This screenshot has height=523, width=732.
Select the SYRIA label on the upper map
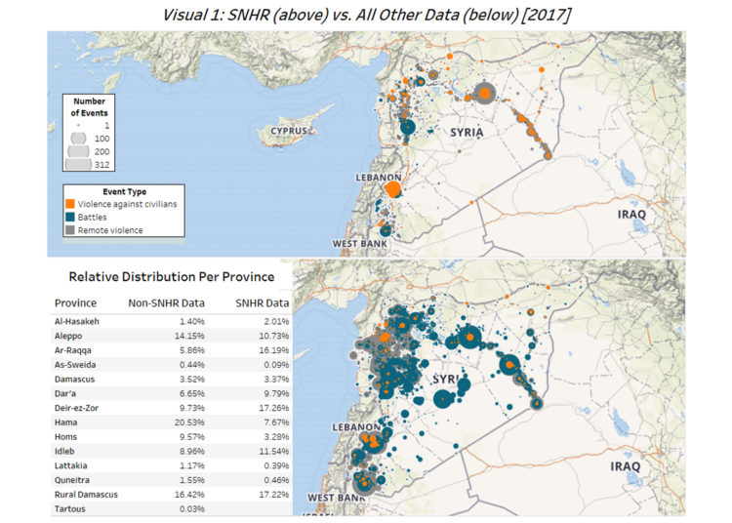point(467,130)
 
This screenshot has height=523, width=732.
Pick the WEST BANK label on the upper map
point(357,243)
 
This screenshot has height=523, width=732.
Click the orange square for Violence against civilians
point(70,204)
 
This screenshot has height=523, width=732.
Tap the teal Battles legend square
point(70,217)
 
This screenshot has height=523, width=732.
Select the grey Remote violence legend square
point(70,230)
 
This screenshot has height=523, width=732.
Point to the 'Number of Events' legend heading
point(89,106)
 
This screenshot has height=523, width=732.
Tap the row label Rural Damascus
point(87,495)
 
